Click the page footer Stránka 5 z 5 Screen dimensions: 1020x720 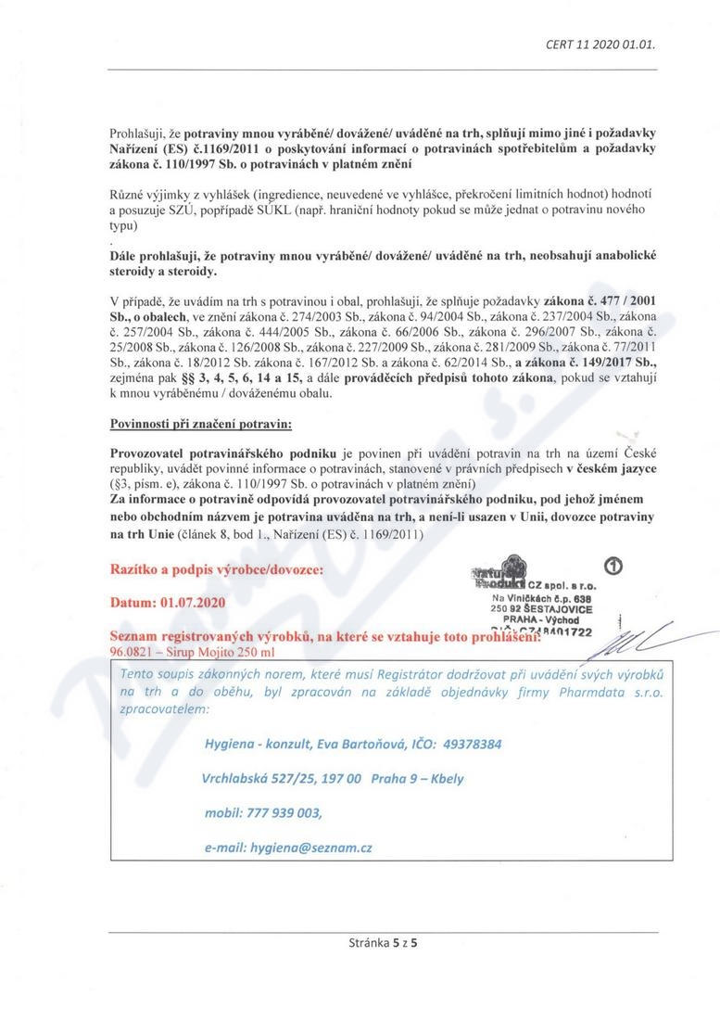coord(383,944)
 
